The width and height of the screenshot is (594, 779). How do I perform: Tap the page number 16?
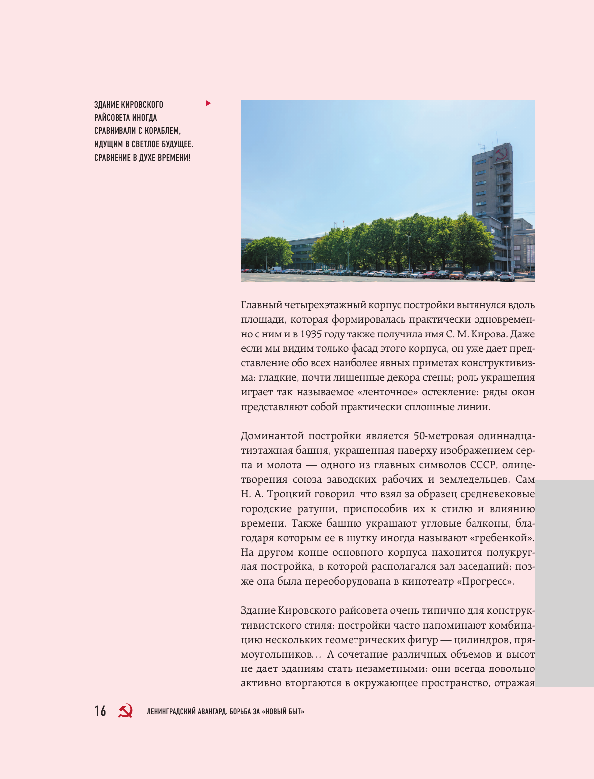100,711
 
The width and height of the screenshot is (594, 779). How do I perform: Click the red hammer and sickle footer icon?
125,711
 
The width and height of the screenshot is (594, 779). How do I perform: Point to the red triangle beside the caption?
208,103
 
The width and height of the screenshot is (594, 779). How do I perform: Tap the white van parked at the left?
275,269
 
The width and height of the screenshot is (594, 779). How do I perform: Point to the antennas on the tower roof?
481,148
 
